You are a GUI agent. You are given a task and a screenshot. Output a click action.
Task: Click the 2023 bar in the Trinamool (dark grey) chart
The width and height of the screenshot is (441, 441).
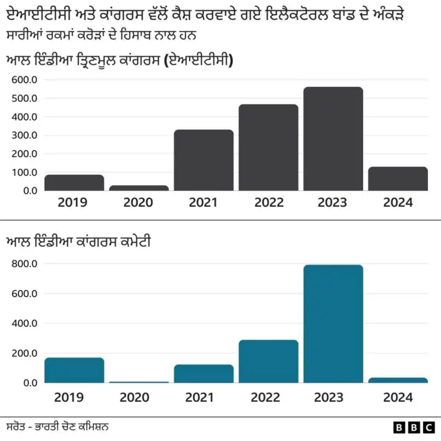(333, 139)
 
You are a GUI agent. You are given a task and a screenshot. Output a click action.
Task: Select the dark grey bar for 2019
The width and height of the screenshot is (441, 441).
(74, 183)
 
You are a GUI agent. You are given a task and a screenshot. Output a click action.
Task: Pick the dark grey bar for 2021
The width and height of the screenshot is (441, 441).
(203, 160)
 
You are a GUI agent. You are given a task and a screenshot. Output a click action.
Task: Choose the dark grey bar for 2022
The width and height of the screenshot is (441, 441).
(268, 147)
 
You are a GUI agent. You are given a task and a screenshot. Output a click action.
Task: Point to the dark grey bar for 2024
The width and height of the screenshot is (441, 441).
(398, 178)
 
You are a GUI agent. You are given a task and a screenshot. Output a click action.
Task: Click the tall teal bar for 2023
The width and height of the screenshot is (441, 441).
(333, 324)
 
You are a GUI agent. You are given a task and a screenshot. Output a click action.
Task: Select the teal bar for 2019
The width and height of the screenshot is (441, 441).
(74, 370)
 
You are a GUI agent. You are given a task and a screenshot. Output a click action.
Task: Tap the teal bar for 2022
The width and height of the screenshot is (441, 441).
(268, 361)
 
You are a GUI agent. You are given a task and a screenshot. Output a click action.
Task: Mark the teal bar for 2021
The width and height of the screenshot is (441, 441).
(203, 373)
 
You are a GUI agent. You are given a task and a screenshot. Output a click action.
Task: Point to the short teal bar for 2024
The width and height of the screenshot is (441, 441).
(398, 380)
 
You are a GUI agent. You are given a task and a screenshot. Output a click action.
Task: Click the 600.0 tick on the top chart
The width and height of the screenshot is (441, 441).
(24, 80)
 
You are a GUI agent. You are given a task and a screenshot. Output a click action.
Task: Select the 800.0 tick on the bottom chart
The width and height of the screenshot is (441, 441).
(24, 264)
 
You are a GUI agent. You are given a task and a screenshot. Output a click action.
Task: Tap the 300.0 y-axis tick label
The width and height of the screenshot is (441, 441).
(24, 135)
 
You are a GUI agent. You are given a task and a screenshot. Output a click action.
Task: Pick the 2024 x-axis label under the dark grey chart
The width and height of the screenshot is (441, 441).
(398, 203)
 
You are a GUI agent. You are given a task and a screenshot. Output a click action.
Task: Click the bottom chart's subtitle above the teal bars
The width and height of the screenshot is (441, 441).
(79, 242)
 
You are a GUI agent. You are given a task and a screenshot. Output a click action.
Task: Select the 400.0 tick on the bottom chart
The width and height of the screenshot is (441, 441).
(24, 323)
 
